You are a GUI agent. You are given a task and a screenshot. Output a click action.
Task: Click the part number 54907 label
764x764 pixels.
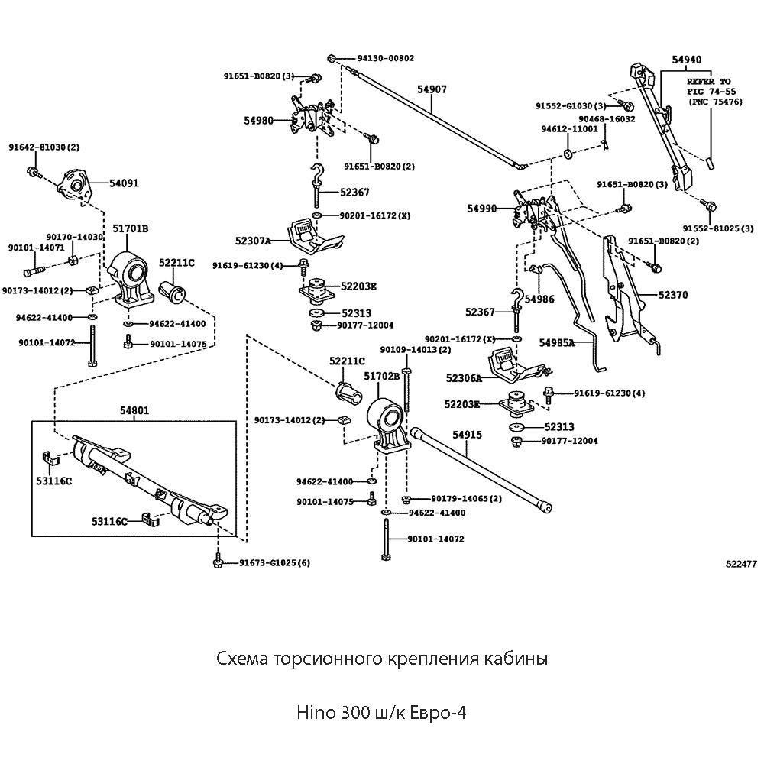432,90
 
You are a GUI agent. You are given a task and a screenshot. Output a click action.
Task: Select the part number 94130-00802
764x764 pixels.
386,58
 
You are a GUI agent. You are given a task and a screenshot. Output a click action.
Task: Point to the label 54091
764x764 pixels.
124,183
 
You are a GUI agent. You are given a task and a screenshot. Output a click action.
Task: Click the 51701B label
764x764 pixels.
130,228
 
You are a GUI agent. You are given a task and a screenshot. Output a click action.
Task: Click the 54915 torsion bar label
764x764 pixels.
467,434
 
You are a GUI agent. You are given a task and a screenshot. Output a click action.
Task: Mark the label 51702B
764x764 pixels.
381,377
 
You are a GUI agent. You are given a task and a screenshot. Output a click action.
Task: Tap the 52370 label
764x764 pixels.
672,294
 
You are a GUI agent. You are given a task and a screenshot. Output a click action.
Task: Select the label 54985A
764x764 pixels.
556,343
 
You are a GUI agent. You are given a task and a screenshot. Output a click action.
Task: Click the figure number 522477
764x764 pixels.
741,564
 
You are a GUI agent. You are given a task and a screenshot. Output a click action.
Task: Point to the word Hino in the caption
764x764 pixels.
312,713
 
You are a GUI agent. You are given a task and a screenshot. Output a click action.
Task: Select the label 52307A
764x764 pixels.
253,241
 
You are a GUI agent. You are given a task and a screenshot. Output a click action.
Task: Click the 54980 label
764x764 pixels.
258,121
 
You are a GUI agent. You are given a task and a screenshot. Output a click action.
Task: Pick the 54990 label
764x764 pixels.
482,208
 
